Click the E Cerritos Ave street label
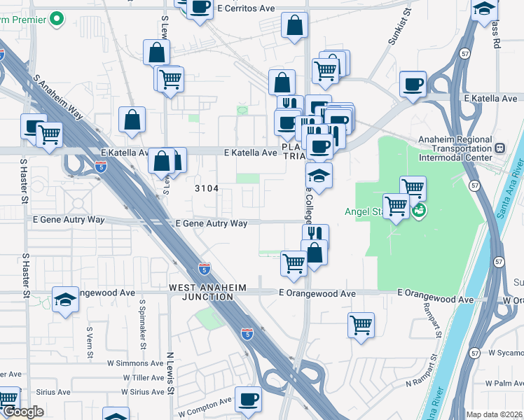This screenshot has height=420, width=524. (245, 8)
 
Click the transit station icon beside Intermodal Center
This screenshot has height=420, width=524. (500, 148)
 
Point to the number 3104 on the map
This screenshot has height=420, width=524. (207, 188)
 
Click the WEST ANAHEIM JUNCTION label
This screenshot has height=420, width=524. (201, 293)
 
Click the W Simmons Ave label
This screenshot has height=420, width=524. (135, 363)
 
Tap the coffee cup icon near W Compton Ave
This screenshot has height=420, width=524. (248, 400)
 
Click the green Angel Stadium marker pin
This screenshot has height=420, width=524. (419, 210)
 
